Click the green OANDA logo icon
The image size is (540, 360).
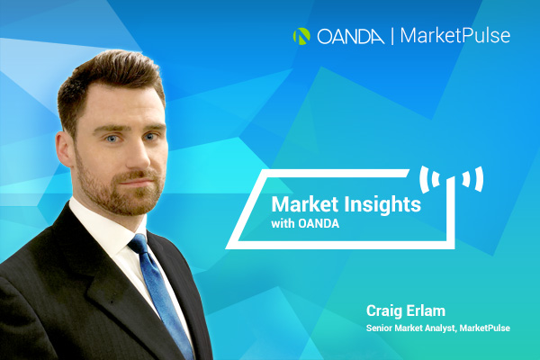tap(301, 36)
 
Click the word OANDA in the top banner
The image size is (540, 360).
tap(351, 37)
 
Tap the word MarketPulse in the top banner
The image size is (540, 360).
tap(454, 36)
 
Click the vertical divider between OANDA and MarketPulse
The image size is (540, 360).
tap(392, 37)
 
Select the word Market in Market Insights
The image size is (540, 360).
tap(300, 204)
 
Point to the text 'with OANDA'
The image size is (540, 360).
tap(305, 224)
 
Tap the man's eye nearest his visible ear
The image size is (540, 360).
tap(112, 139)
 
